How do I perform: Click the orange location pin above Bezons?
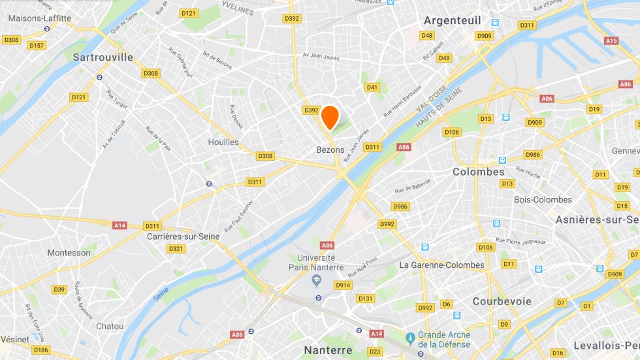click(330, 116)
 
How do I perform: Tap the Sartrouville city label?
click(103, 57)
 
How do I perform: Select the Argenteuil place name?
click(452, 20)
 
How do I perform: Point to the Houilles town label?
click(223, 142)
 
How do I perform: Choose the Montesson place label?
click(69, 253)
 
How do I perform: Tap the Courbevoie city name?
click(502, 301)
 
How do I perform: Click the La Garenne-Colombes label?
click(441, 265)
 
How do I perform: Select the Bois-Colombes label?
click(543, 200)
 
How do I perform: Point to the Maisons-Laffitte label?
click(39, 18)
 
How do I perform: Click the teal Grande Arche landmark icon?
click(410, 337)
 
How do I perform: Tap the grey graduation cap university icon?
click(317, 281)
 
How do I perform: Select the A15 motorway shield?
click(611, 41)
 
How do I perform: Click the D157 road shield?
click(37, 45)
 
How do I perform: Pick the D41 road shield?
click(372, 87)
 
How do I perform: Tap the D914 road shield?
click(343, 285)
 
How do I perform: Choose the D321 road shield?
click(176, 248)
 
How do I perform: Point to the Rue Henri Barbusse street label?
click(402, 101)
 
